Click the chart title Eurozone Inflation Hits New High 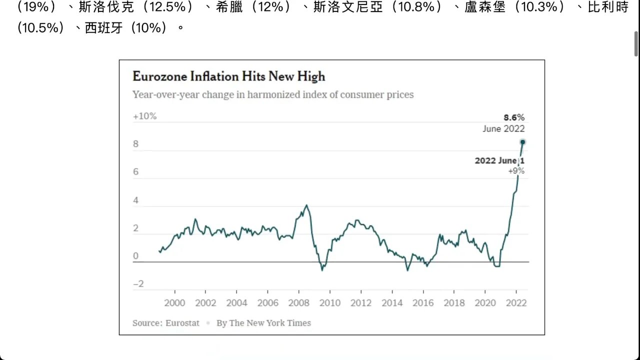(x=228, y=76)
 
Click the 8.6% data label (x=513, y=117)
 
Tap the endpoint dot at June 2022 (x=522, y=142)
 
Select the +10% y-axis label (x=144, y=116)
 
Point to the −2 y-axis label (x=138, y=284)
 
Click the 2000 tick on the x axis (x=174, y=303)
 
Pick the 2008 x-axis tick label (x=298, y=303)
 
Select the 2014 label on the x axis (x=392, y=303)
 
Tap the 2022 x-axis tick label (x=516, y=303)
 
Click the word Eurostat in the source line (x=182, y=323)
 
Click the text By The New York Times (x=263, y=323)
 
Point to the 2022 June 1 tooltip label (x=499, y=161)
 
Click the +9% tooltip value (x=516, y=171)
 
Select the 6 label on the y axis (x=135, y=172)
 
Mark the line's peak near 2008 (x=306, y=205)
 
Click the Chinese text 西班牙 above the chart (x=98, y=28)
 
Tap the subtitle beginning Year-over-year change (x=273, y=94)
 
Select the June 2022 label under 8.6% (x=503, y=128)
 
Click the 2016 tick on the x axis (x=423, y=303)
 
